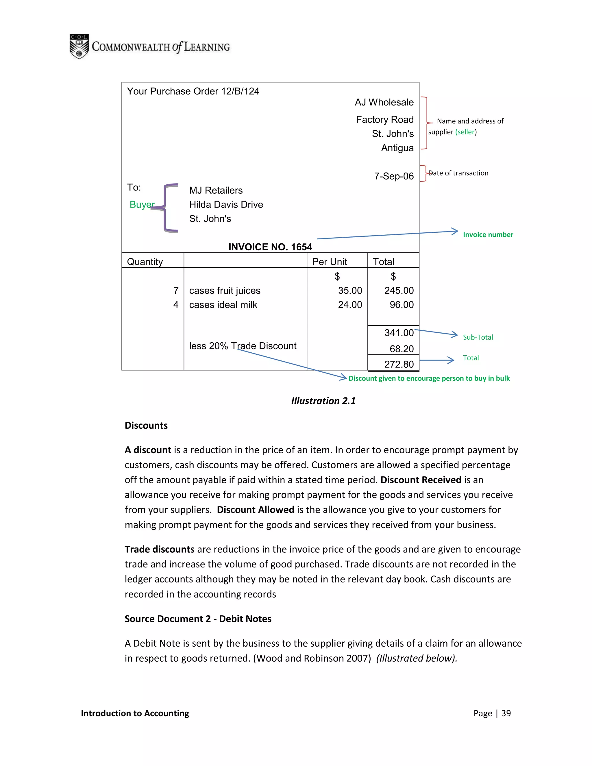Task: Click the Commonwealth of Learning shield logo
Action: [79, 47]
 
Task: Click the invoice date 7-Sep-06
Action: [394, 176]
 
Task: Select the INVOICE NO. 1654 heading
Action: [270, 247]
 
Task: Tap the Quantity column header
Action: [145, 262]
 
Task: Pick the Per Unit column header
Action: [329, 262]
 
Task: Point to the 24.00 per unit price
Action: [350, 305]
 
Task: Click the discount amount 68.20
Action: [402, 349]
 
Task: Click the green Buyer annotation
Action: [142, 204]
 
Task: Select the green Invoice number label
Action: [488, 235]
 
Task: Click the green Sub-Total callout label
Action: [478, 337]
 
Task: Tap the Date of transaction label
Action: [458, 173]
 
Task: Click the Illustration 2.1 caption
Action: [323, 401]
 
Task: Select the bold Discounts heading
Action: [146, 425]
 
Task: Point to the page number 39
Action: [506, 713]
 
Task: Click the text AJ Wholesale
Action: [384, 102]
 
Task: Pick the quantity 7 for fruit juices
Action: [176, 291]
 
